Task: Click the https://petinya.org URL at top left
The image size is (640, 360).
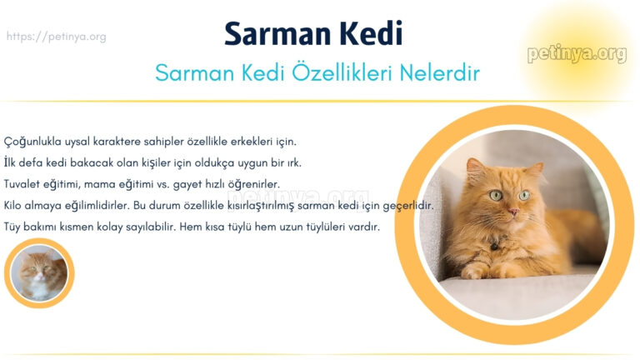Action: tap(56, 37)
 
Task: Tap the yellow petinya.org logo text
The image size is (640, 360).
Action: tap(576, 54)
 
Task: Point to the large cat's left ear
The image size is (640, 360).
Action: tap(476, 167)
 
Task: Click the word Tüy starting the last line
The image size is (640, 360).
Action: tap(14, 227)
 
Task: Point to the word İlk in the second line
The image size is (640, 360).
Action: tap(12, 162)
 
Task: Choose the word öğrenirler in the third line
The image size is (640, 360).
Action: tap(253, 183)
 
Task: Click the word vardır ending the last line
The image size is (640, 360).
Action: tap(364, 227)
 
